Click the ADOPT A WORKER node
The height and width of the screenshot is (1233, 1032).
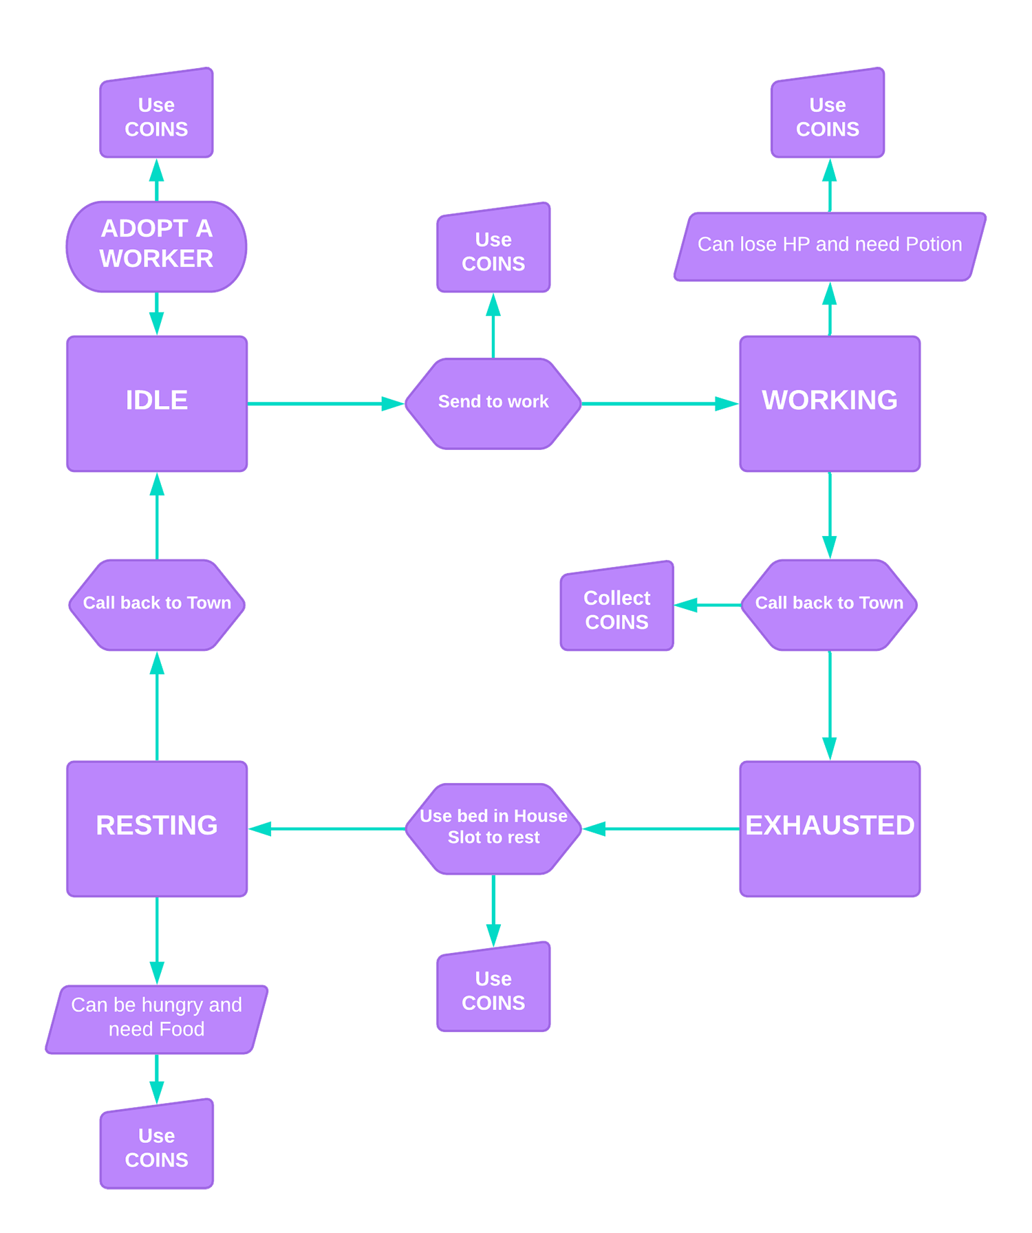coord(156,244)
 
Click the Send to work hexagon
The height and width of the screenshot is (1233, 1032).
coord(493,403)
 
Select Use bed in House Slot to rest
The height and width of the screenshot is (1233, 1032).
coord(493,828)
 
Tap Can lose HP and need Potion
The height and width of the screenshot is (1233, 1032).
coord(830,246)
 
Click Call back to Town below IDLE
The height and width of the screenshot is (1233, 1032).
coord(157,604)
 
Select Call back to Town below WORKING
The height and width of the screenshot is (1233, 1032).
coord(829,604)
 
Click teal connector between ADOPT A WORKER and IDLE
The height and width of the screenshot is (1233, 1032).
coord(157,314)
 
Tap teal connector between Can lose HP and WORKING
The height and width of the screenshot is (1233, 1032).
coord(830,308)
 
